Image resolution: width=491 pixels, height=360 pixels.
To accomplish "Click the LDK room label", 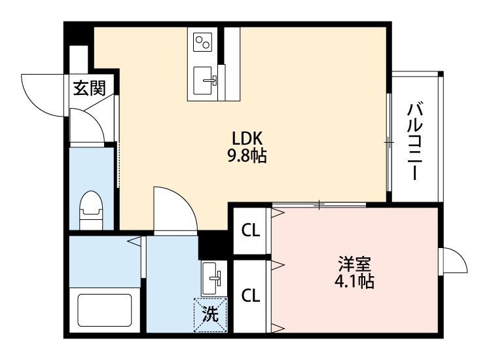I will [x=247, y=139].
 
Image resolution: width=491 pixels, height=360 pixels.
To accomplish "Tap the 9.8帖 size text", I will [x=247, y=157].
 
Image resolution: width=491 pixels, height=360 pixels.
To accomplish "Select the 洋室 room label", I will [x=355, y=264].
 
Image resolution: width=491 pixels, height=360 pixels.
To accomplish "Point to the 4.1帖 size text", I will [x=355, y=282].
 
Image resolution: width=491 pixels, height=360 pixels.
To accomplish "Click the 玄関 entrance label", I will [x=88, y=88].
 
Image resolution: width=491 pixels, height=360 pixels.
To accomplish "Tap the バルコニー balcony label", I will [x=415, y=141].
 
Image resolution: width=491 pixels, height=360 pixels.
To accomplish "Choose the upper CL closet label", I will [x=250, y=230].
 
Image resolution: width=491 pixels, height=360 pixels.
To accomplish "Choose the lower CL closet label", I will [x=250, y=295].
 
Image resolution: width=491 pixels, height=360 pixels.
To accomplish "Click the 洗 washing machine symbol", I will [x=209, y=314].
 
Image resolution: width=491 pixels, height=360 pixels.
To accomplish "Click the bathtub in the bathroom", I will [x=105, y=313].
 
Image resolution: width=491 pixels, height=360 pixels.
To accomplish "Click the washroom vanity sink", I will [x=212, y=278].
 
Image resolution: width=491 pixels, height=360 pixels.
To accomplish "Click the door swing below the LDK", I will [x=173, y=208].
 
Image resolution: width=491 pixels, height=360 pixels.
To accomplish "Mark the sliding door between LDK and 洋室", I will [x=319, y=205].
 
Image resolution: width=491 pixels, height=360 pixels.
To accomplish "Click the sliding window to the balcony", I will [x=389, y=141].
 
